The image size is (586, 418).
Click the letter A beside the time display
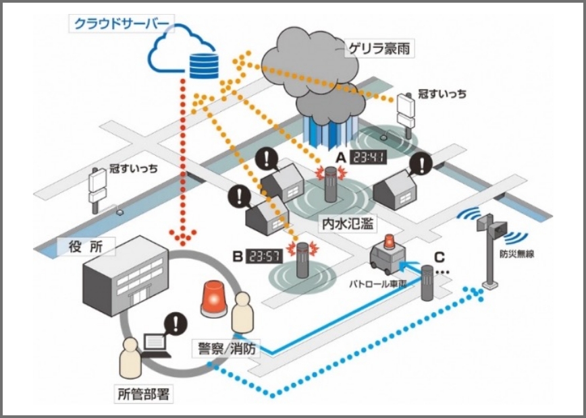[342, 157]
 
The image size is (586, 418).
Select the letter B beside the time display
[238, 257]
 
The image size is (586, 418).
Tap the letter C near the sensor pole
[439, 257]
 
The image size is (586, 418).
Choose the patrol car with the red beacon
[389, 254]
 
